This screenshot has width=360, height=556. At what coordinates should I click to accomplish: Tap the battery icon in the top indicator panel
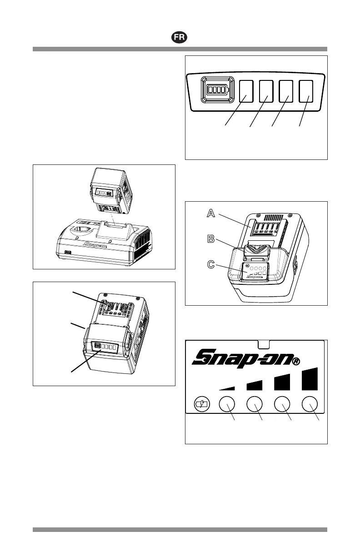coord(217,89)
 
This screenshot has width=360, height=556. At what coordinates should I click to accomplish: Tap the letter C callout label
coord(210,264)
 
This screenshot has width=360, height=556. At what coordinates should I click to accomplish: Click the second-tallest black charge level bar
coord(282,382)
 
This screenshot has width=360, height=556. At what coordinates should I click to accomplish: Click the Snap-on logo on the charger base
coord(95,247)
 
